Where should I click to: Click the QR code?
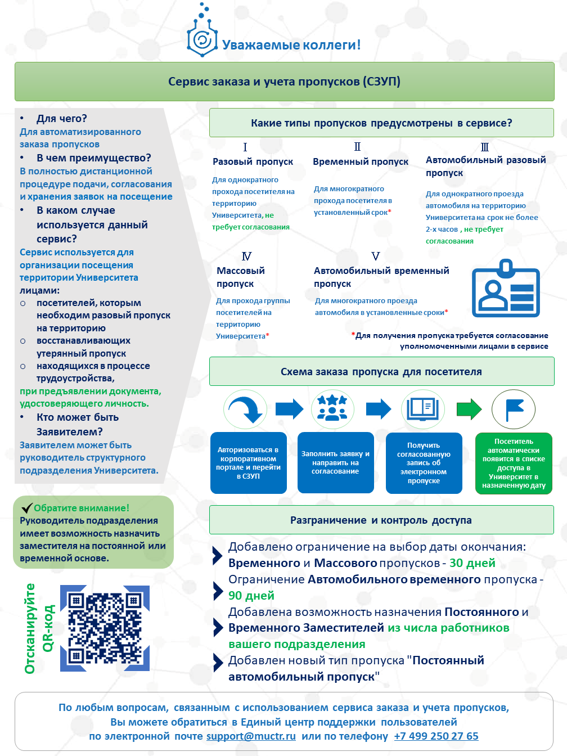pos(105,628)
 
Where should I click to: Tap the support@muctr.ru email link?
pos(251,736)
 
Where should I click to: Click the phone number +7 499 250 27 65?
pos(436,736)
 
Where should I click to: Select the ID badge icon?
pos(505,289)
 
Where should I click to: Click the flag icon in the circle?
pos(514,409)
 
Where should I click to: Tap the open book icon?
pos(423,408)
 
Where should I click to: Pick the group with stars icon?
pos(332,408)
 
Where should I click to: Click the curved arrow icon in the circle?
pos(245,409)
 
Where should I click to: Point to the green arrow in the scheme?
pos(469,409)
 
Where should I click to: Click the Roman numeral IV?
pos(246,256)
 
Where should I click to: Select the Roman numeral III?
pos(485,147)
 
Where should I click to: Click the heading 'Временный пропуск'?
pos(361,161)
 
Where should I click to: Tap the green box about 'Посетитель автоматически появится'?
pos(514,463)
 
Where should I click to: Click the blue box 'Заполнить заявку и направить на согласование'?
pos(335,462)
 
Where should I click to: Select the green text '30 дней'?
pos(472,563)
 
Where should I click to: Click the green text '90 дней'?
pos(251,596)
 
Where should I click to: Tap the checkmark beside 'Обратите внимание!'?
pos(26,508)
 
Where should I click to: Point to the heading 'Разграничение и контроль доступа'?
pos(381,520)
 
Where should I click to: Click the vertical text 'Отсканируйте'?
pos(30,628)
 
